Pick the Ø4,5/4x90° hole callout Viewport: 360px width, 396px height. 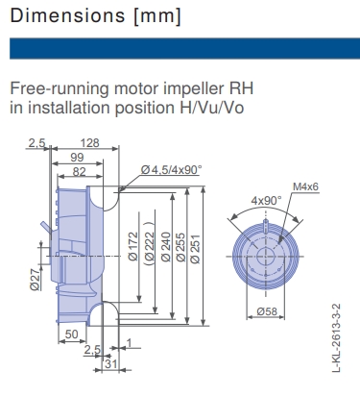point(171,170)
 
